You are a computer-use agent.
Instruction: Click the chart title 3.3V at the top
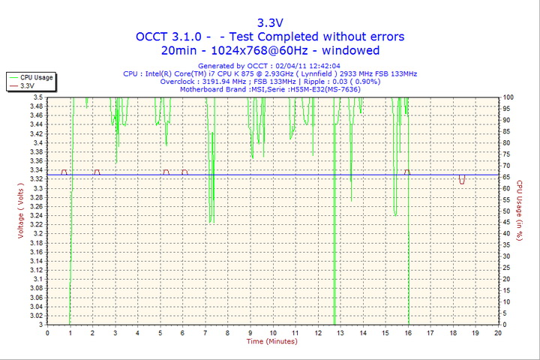pyautogui.click(x=270, y=22)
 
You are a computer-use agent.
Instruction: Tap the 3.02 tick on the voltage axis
pyautogui.click(x=36, y=315)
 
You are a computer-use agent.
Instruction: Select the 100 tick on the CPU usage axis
pyautogui.click(x=508, y=97)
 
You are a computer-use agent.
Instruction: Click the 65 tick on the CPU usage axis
pyautogui.click(x=507, y=177)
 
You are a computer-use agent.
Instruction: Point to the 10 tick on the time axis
pyautogui.click(x=273, y=331)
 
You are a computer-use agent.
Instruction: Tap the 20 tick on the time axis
pyautogui.click(x=498, y=331)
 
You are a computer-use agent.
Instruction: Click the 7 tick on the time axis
pyautogui.click(x=205, y=331)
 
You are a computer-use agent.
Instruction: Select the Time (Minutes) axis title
pyautogui.click(x=271, y=341)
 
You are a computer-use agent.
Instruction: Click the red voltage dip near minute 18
pyautogui.click(x=462, y=180)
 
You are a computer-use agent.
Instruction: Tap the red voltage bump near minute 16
pyautogui.click(x=407, y=172)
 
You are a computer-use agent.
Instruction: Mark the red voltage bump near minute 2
pyautogui.click(x=97, y=172)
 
